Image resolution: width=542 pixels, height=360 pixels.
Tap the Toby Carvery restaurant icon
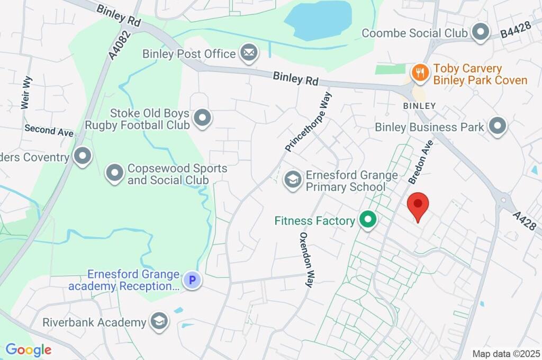420,73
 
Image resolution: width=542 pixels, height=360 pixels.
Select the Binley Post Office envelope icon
248,53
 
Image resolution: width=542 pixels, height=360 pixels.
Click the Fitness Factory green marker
367,219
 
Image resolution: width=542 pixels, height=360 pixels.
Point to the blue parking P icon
192,280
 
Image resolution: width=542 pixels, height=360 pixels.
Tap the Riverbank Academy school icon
158,321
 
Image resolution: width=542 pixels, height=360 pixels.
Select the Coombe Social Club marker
481,33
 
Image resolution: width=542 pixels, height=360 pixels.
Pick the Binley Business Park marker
497,127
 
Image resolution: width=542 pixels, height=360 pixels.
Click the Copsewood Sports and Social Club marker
114,173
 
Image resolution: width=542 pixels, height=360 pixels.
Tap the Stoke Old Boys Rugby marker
202,118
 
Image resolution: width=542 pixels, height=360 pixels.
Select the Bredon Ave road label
421,161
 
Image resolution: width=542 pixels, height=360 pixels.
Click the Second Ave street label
49,130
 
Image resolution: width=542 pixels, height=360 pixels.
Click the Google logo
28,349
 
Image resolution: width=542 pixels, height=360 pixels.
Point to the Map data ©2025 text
506,353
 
